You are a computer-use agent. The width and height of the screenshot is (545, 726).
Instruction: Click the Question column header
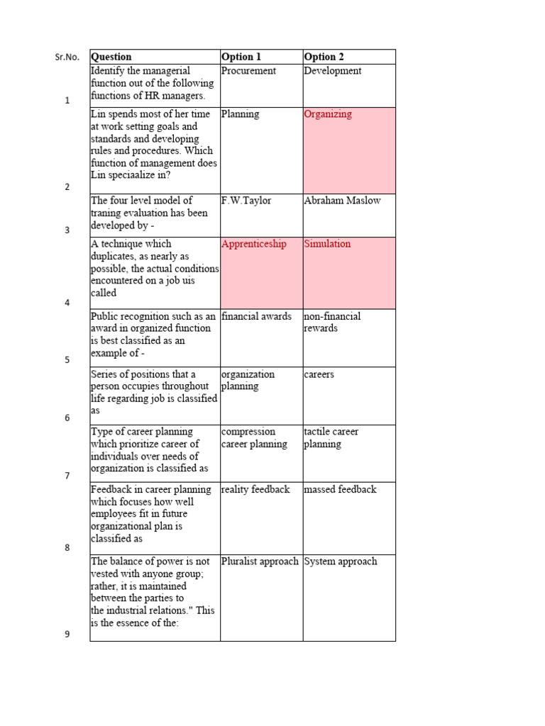tap(111, 57)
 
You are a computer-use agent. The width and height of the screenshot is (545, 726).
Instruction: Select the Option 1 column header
tap(242, 57)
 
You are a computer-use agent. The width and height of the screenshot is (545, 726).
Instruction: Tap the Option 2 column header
tap(324, 57)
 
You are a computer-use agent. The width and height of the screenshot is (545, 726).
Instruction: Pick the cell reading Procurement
tap(248, 71)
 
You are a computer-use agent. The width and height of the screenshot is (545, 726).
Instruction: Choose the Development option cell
tap(332, 71)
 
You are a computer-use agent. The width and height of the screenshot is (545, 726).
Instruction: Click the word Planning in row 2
tap(240, 114)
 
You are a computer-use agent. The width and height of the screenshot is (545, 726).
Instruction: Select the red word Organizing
tap(327, 114)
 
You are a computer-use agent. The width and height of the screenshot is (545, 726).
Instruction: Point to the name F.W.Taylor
tap(246, 201)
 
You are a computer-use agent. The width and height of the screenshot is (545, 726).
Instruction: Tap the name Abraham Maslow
tap(342, 201)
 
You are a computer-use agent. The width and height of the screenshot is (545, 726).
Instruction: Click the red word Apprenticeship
tap(254, 244)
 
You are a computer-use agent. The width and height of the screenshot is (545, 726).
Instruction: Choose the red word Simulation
tap(327, 244)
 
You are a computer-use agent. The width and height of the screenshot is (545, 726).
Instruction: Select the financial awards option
tap(256, 316)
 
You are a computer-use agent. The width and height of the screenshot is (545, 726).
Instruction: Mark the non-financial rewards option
tap(332, 323)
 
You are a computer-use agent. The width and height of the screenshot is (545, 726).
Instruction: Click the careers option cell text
tap(319, 374)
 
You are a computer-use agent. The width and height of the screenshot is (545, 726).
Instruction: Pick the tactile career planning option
tap(331, 438)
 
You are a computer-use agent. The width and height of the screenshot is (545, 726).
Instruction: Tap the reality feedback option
tap(255, 489)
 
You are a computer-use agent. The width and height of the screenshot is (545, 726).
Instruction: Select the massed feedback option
tap(340, 489)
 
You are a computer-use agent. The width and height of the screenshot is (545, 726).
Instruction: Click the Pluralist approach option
tap(260, 562)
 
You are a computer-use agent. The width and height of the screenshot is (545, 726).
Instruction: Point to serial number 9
tap(67, 635)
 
